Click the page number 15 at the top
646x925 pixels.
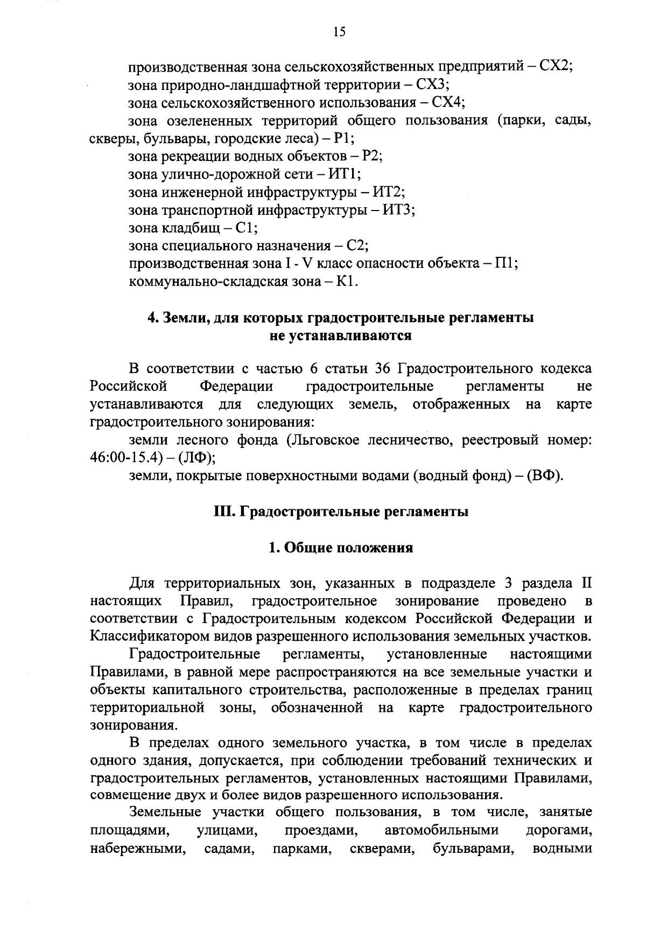339,32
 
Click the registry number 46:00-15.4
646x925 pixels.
126,458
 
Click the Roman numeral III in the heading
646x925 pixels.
222,511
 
